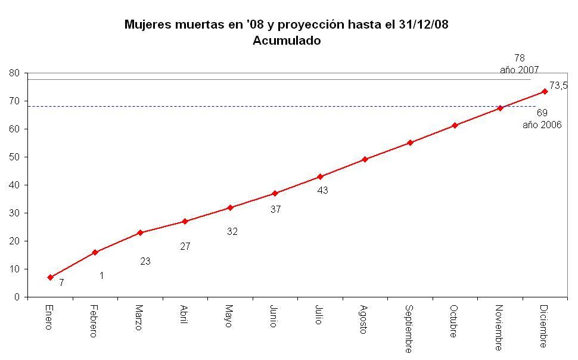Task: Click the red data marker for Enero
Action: (51, 277)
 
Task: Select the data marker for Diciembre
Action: (545, 91)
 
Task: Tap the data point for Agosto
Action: (365, 159)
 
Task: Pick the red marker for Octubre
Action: (455, 125)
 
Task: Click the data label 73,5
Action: (558, 86)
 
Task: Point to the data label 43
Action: (323, 190)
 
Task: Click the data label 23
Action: (145, 261)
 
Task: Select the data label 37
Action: (275, 209)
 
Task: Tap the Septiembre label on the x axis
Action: (409, 328)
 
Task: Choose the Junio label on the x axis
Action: (274, 316)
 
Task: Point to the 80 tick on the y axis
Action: (15, 73)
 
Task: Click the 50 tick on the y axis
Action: (15, 157)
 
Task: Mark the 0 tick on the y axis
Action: (17, 297)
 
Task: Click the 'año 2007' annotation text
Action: (519, 70)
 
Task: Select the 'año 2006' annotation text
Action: (542, 125)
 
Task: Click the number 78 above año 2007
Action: (519, 58)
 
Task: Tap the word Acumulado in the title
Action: (287, 41)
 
